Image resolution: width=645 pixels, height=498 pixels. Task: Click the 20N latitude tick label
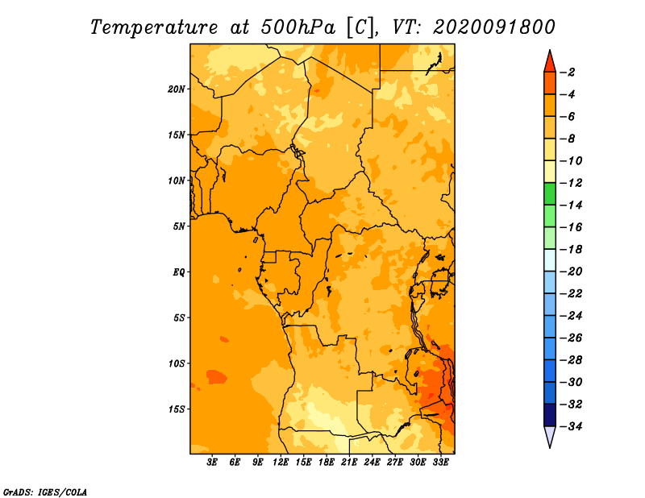click(177, 89)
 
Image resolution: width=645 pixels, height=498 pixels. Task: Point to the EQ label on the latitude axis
click(178, 272)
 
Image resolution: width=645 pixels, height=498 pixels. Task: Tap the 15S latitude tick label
click(177, 409)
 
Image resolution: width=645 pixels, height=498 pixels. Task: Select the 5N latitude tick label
click(179, 226)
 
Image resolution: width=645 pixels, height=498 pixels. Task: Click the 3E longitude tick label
click(211, 463)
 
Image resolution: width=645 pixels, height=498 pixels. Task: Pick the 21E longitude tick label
click(349, 463)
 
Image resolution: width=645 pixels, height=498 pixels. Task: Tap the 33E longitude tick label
click(440, 463)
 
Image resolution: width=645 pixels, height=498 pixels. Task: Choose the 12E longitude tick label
click(281, 463)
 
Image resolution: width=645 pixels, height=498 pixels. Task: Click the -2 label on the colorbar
click(568, 73)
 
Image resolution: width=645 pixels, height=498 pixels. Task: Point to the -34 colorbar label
click(571, 426)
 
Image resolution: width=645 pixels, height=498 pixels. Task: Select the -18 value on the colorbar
click(571, 249)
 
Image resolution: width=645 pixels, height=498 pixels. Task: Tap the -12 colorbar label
click(571, 183)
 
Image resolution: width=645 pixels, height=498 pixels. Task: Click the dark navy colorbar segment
click(550, 415)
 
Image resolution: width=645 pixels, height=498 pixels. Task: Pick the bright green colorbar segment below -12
click(550, 193)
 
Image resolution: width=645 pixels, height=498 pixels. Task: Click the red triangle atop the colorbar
click(550, 63)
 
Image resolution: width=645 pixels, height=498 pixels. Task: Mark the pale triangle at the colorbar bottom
click(550, 436)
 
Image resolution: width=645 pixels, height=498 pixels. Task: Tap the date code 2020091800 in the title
click(494, 27)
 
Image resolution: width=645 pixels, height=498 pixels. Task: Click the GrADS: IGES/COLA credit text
click(45, 492)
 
